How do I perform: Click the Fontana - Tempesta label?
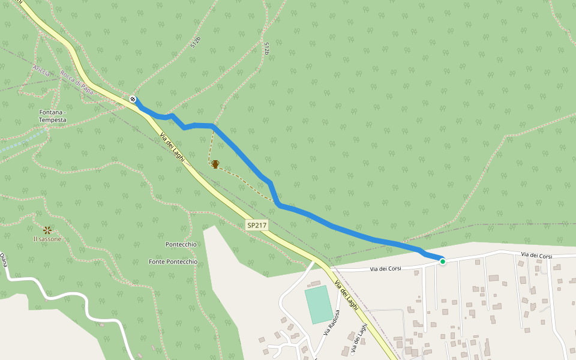pyautogui.click(x=52, y=116)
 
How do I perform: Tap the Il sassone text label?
pyautogui.click(x=47, y=239)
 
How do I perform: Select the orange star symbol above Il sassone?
pyautogui.click(x=47, y=229)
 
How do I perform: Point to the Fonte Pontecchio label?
pyautogui.click(x=173, y=262)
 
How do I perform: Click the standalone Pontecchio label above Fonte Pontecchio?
pyautogui.click(x=181, y=245)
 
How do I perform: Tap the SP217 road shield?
pyautogui.click(x=256, y=226)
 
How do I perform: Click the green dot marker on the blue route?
pyautogui.click(x=443, y=261)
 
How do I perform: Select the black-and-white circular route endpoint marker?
pyautogui.click(x=133, y=99)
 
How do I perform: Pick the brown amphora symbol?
pyautogui.click(x=215, y=164)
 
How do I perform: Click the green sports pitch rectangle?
pyautogui.click(x=318, y=304)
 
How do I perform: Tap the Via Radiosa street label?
pyautogui.click(x=332, y=322)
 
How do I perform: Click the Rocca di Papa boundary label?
pyautogui.click(x=77, y=83)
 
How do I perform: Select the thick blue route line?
pyautogui.click(x=336, y=227)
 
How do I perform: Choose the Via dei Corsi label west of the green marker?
pyautogui.click(x=385, y=268)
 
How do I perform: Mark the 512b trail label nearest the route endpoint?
pyautogui.click(x=195, y=41)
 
